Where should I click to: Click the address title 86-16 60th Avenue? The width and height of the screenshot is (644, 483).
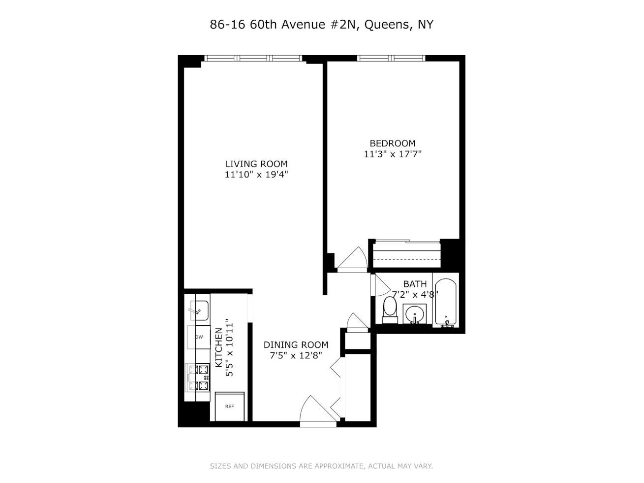click(x=321, y=25)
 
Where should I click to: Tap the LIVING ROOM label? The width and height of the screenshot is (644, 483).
click(x=256, y=164)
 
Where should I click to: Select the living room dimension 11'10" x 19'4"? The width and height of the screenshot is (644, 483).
click(x=256, y=174)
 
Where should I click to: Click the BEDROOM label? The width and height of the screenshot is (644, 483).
click(x=393, y=143)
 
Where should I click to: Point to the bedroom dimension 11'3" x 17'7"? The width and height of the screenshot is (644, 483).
click(x=393, y=154)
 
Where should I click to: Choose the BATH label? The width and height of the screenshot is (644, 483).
click(x=415, y=284)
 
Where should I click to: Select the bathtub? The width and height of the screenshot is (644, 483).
click(x=446, y=302)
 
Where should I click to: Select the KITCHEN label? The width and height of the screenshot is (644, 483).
click(x=218, y=347)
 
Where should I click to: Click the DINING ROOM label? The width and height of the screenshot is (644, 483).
click(x=296, y=345)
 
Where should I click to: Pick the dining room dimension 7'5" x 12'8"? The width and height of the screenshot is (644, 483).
click(x=296, y=355)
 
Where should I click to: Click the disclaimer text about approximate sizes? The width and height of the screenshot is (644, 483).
click(x=321, y=466)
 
